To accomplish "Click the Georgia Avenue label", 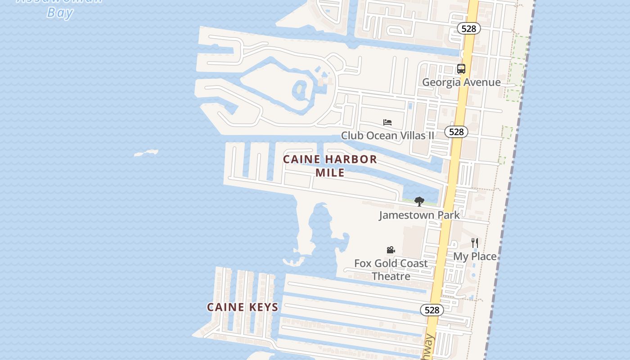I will point(461,82).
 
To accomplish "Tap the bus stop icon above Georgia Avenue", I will point(461,69).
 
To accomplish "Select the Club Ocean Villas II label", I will point(387,135).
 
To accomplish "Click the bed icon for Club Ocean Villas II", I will point(387,122).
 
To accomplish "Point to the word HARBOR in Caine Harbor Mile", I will point(351,159).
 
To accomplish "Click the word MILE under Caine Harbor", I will point(330,172).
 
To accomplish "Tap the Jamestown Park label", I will point(419,215).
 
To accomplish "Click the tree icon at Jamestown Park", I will point(419,202).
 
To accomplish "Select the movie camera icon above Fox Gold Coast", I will point(391,250).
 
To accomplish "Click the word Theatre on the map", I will point(391,276).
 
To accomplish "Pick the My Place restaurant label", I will point(475,256).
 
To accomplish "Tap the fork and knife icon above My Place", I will point(474,243).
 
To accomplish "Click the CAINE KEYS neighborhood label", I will point(243,307).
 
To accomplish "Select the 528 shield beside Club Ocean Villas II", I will point(456,132).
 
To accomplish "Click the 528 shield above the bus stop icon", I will point(469,29).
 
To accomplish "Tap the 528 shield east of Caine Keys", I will point(432,310).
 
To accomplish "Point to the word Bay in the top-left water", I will point(60,13).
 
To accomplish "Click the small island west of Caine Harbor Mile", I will point(147,153).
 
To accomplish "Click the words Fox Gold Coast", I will point(391,263).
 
